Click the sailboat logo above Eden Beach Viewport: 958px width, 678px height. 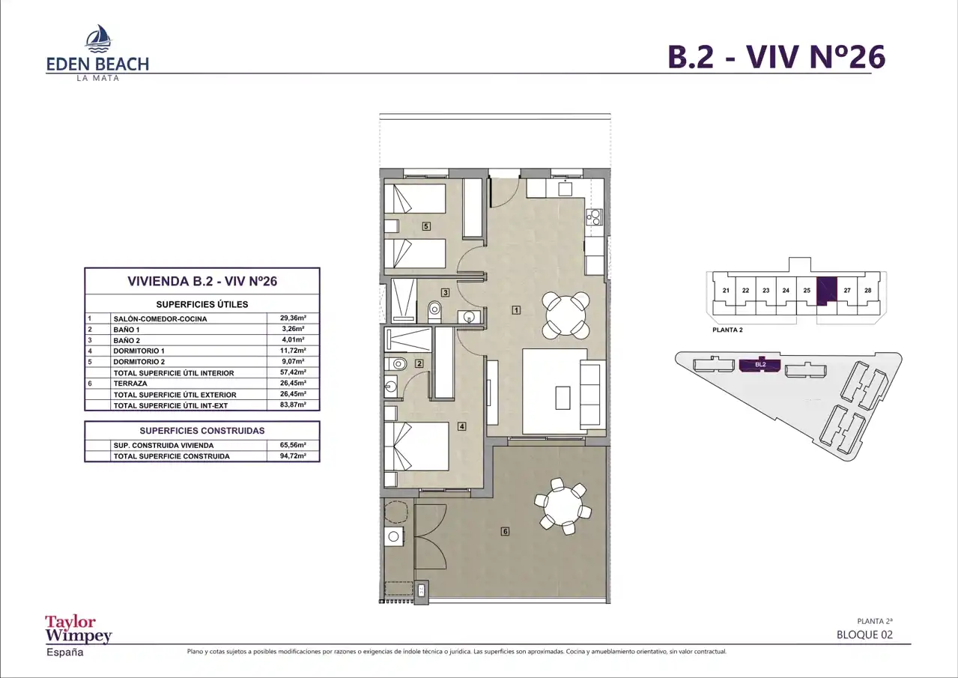(99, 38)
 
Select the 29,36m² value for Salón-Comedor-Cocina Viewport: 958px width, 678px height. (293, 318)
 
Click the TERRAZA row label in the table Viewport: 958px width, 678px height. (130, 384)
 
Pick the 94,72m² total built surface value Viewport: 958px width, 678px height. (293, 455)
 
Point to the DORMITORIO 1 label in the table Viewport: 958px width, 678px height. (139, 351)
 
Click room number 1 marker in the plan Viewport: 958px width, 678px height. (516, 310)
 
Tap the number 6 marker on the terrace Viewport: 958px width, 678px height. (505, 531)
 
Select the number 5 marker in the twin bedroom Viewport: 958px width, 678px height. (426, 226)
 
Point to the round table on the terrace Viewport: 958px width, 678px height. (562, 506)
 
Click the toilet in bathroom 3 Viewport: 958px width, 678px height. (434, 312)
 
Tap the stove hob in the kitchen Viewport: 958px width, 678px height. (595, 217)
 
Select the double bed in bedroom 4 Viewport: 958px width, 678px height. (416, 447)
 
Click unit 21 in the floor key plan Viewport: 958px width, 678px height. (725, 291)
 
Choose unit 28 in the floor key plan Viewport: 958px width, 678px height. (867, 291)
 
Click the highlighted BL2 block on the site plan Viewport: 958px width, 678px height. (760, 365)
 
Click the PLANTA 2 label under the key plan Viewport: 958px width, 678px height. (727, 330)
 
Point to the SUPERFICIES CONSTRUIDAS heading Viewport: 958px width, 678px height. (202, 431)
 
